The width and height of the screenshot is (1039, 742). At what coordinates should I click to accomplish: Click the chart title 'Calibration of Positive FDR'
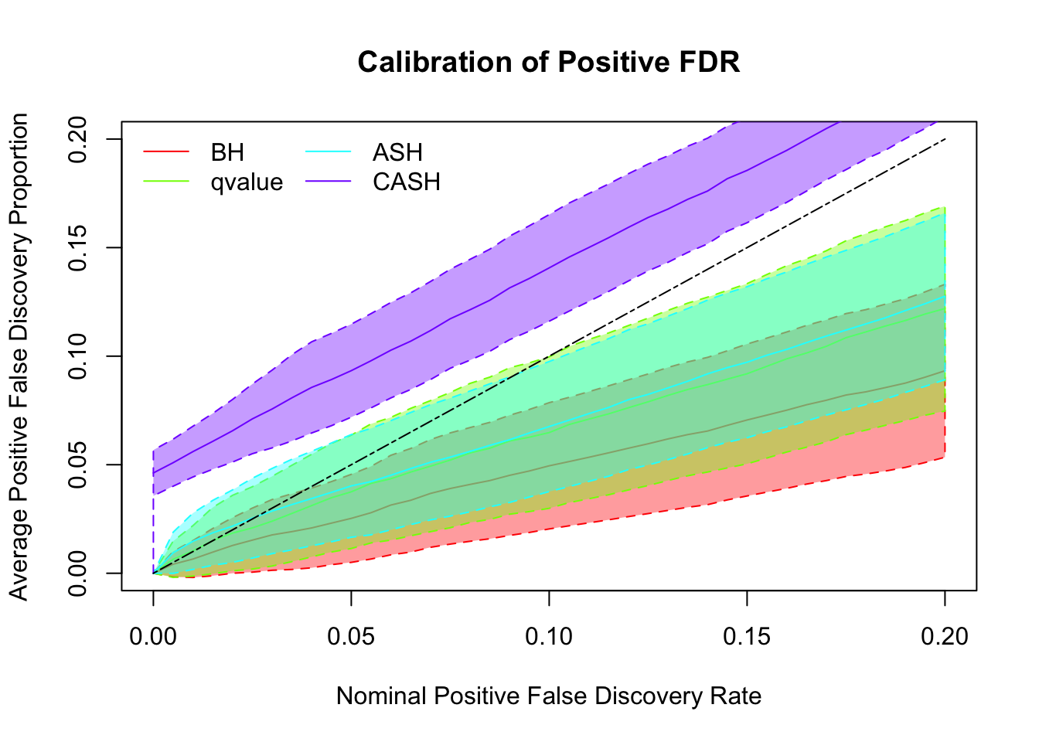(x=549, y=62)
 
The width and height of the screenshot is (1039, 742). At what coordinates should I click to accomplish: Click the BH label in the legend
(x=227, y=152)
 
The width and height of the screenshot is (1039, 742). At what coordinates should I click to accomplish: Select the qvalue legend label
(x=247, y=182)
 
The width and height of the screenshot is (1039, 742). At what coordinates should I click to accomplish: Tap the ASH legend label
(x=397, y=152)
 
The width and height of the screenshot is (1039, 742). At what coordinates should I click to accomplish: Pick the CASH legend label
(x=406, y=182)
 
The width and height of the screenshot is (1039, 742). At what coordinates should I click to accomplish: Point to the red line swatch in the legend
(x=165, y=152)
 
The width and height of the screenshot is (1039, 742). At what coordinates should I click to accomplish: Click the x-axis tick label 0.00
(x=153, y=636)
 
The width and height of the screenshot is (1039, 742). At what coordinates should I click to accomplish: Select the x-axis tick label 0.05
(x=351, y=636)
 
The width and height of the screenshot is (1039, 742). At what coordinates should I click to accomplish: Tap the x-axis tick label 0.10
(x=549, y=636)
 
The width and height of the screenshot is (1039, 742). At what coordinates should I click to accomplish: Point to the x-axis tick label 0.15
(x=747, y=636)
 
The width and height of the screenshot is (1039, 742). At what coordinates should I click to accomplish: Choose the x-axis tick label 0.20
(x=945, y=636)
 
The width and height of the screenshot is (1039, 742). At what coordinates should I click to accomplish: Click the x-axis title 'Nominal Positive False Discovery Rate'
(x=549, y=696)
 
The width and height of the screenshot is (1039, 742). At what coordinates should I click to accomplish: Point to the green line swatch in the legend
(x=165, y=182)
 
